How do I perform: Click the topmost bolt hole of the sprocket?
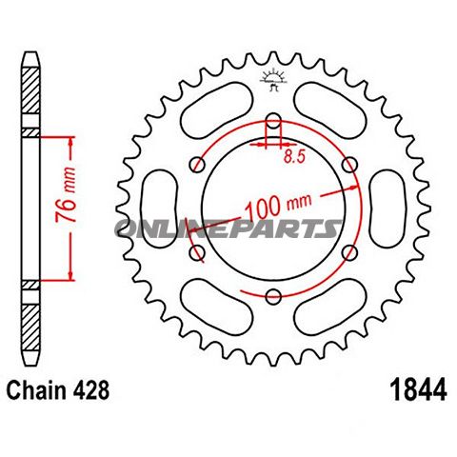pos(272,123)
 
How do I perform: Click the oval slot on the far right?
pos(389,209)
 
